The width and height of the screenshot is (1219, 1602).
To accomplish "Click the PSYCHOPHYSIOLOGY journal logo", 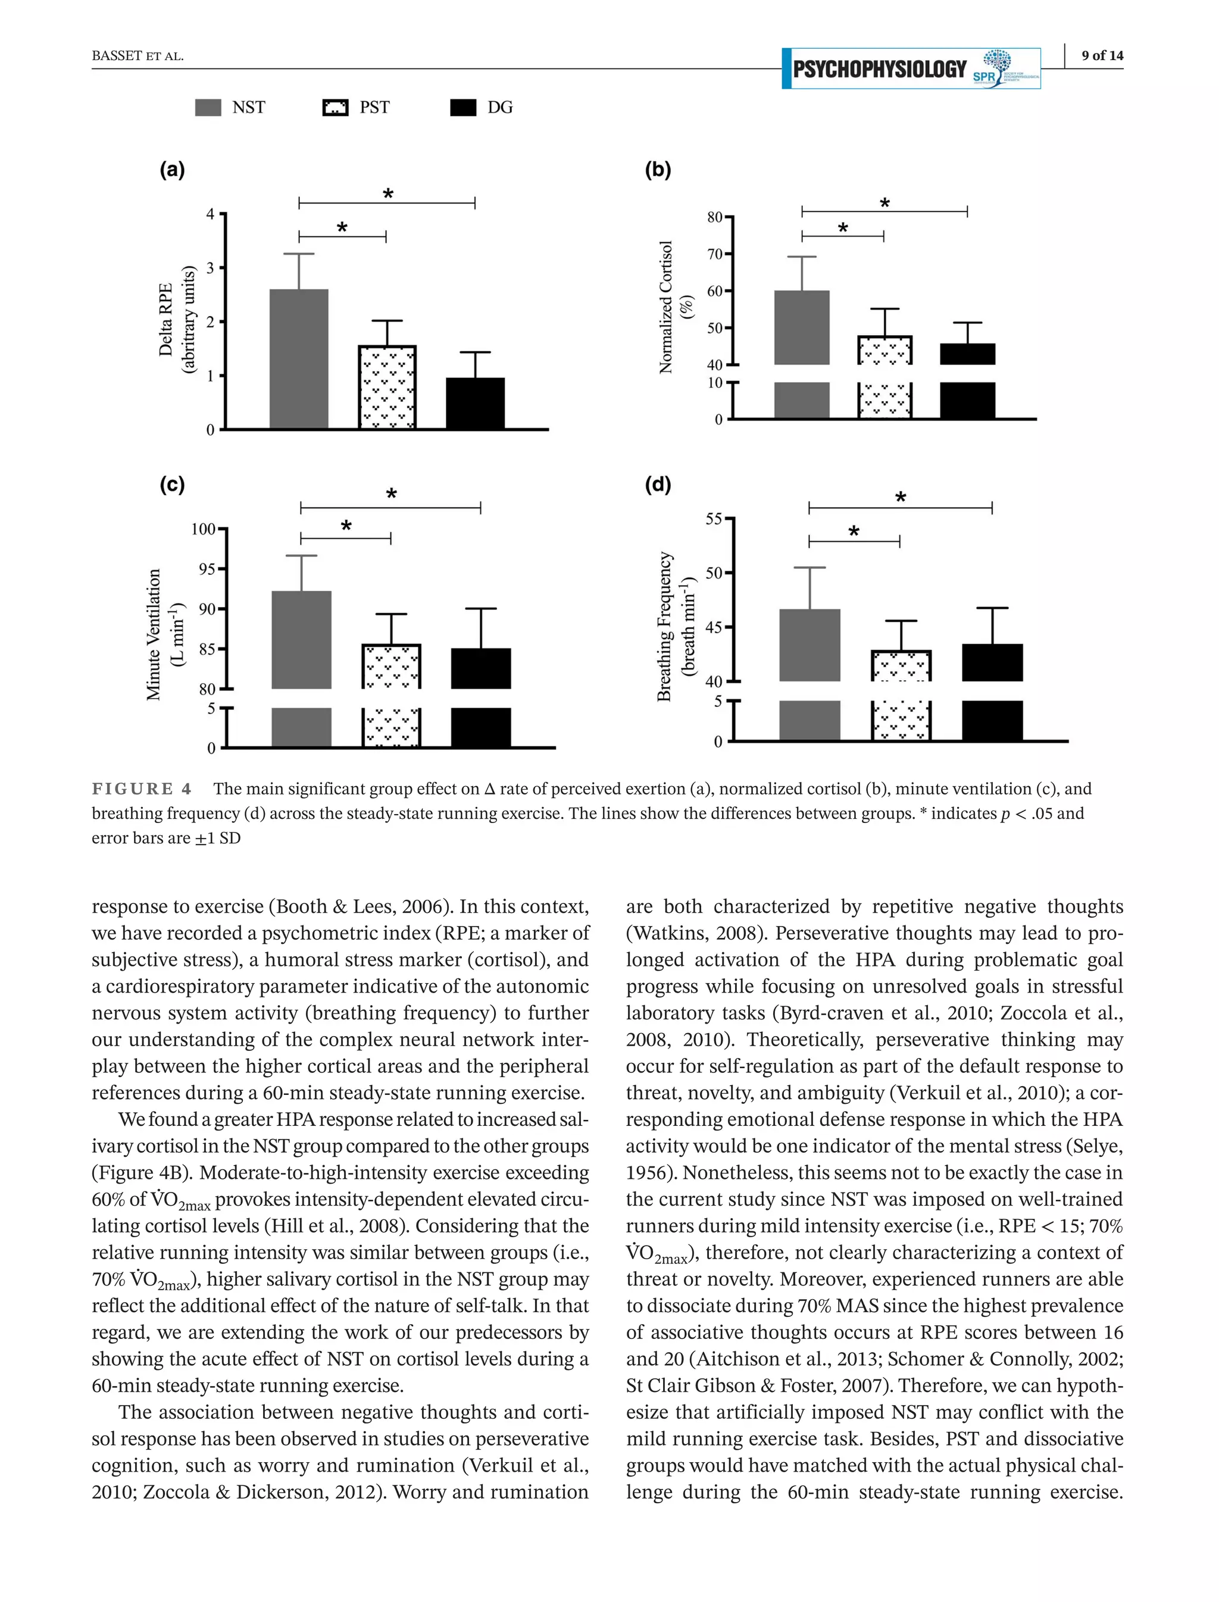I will point(911,69).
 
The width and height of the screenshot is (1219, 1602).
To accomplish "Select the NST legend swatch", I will point(208,107).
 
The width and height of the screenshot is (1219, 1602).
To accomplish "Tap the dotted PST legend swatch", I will point(335,107).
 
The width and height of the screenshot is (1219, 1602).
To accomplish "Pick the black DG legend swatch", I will point(463,107).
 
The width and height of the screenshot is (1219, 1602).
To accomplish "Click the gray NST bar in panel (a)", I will point(298,359).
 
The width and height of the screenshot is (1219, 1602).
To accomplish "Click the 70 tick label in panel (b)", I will point(715,254).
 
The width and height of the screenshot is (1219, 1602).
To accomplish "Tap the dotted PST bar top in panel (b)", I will point(884,350).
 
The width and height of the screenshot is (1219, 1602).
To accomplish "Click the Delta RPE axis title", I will point(176,319).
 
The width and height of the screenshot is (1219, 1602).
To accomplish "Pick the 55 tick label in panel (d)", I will point(714,519).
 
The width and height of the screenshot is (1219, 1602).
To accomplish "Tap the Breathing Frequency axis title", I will point(676,626).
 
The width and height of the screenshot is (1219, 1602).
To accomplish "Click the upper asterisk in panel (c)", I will point(391,495).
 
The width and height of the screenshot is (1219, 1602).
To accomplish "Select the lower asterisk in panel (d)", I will point(854,532).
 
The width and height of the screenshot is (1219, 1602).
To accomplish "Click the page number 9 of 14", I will point(1102,55).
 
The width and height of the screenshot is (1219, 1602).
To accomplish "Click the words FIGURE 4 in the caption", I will point(142,789).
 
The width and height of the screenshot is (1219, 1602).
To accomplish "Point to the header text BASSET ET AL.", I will point(137,56).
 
